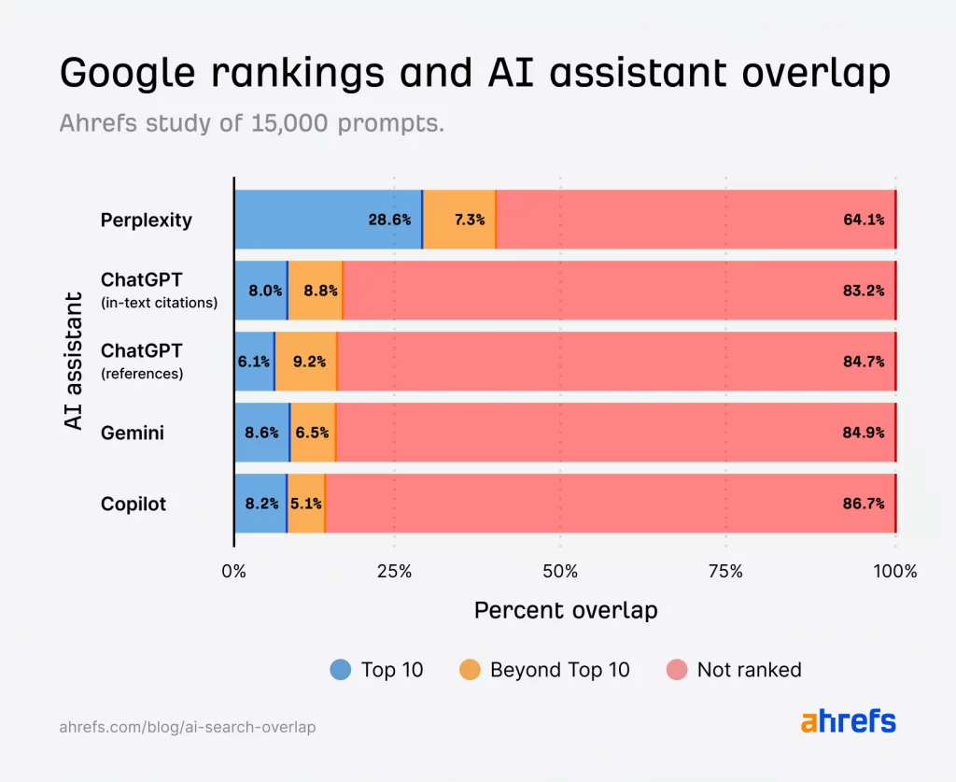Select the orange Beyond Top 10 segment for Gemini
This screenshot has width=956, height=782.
313,433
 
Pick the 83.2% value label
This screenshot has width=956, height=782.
863,291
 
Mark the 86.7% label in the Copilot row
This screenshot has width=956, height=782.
863,504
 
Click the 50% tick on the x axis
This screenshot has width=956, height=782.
559,571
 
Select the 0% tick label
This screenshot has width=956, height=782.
233,571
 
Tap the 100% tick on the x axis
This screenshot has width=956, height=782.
895,571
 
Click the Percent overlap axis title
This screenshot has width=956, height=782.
566,611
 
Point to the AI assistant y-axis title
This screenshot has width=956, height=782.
74,361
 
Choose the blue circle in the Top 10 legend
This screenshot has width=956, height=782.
341,670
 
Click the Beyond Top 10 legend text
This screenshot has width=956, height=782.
559,670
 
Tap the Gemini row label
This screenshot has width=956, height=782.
133,433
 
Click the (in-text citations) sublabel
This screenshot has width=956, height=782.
159,303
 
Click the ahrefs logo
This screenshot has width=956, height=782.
848,722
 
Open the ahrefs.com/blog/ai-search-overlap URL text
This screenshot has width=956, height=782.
188,726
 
